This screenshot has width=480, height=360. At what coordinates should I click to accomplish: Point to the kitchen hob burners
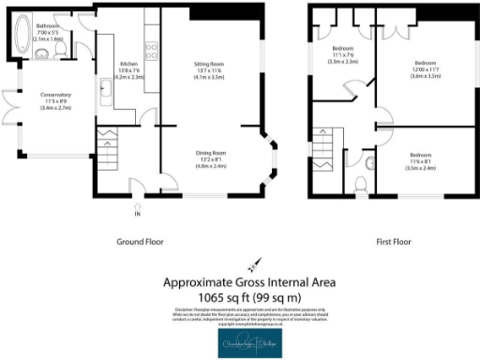click(x=150, y=47)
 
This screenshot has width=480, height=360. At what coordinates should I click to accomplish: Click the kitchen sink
click(x=106, y=92)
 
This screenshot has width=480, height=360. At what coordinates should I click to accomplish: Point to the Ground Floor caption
click(x=139, y=241)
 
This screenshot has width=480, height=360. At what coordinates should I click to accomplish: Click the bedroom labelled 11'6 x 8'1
click(x=426, y=162)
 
